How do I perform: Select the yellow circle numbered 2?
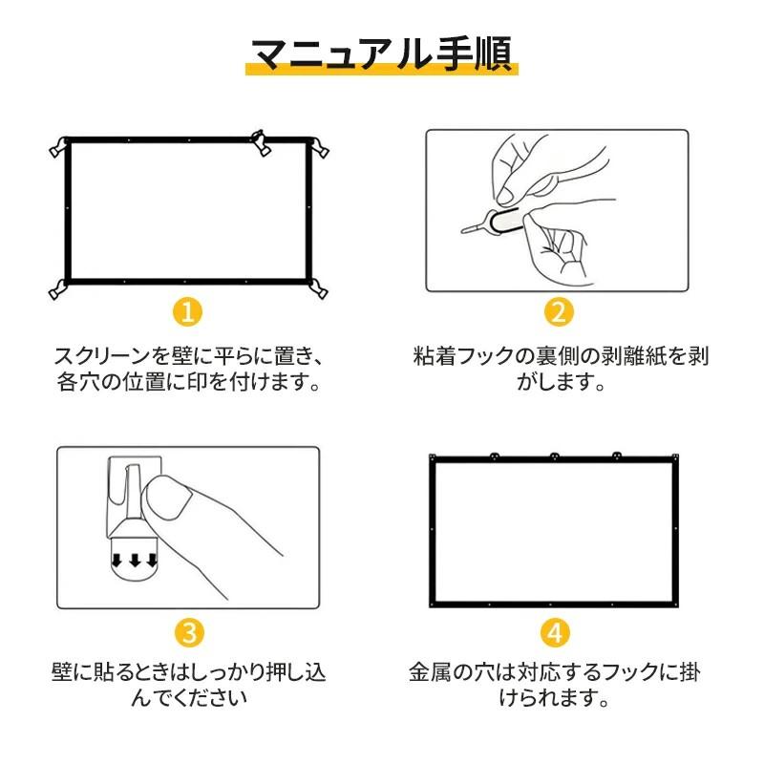(x=559, y=312)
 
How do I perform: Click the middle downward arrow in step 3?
(x=134, y=561)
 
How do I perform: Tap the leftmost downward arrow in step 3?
(x=117, y=561)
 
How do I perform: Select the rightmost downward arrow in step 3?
(x=150, y=561)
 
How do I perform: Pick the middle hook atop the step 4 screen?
(x=554, y=456)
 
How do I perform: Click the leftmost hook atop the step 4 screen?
(x=494, y=456)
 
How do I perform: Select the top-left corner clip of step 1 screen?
(x=58, y=146)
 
